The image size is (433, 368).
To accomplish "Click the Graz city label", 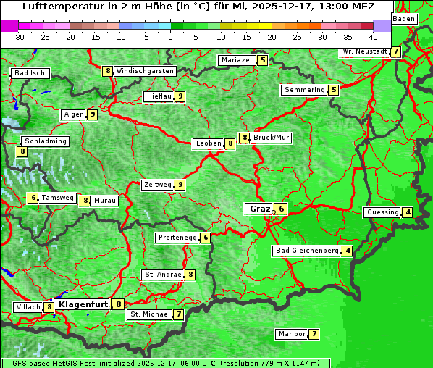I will coord(259,209).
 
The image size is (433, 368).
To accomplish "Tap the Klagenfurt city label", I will coord(83,304).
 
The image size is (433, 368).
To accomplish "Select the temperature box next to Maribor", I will coord(314,334).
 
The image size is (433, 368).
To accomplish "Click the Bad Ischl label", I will coord(30,73).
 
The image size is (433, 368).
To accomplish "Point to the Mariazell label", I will coord(237,60).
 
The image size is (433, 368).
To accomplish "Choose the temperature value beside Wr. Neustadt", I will coord(395,51).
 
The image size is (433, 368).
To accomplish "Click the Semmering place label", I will coord(304,90).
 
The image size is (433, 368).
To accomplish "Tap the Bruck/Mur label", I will coord(272,137).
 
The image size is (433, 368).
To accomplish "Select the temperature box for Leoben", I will coord(230,143).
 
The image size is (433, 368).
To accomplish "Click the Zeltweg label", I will coord(157,185).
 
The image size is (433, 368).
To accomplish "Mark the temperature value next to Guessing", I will coord(408,212).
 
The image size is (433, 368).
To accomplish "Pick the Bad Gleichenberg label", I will coord(307,251).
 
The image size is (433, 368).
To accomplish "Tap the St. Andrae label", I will coord(162,275).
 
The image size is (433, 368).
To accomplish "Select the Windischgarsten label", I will coord(145,71).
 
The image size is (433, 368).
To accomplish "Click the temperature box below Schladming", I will coord(22,151).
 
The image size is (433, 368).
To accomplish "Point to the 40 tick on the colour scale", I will coord(373,36).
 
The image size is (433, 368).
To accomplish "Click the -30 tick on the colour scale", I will coord(19,36).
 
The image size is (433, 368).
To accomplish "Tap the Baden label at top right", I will coord(405,19).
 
